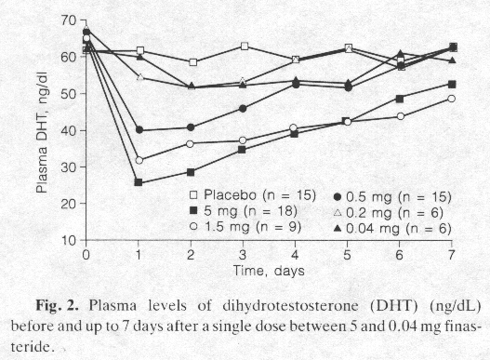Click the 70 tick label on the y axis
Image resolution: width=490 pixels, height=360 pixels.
point(66,20)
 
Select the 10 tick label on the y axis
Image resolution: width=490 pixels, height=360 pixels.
point(66,240)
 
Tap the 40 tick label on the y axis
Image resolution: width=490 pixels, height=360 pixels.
point(66,130)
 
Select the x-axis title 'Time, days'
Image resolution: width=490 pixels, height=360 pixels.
point(269,270)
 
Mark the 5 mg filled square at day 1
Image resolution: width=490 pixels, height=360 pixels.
point(139,182)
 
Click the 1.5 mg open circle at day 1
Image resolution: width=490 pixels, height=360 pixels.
point(139,160)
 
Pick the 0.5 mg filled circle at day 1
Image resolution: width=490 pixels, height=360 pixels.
point(139,130)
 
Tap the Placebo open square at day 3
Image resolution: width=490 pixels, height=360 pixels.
point(244,46)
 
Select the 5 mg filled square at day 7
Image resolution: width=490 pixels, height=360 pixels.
point(452,84)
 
